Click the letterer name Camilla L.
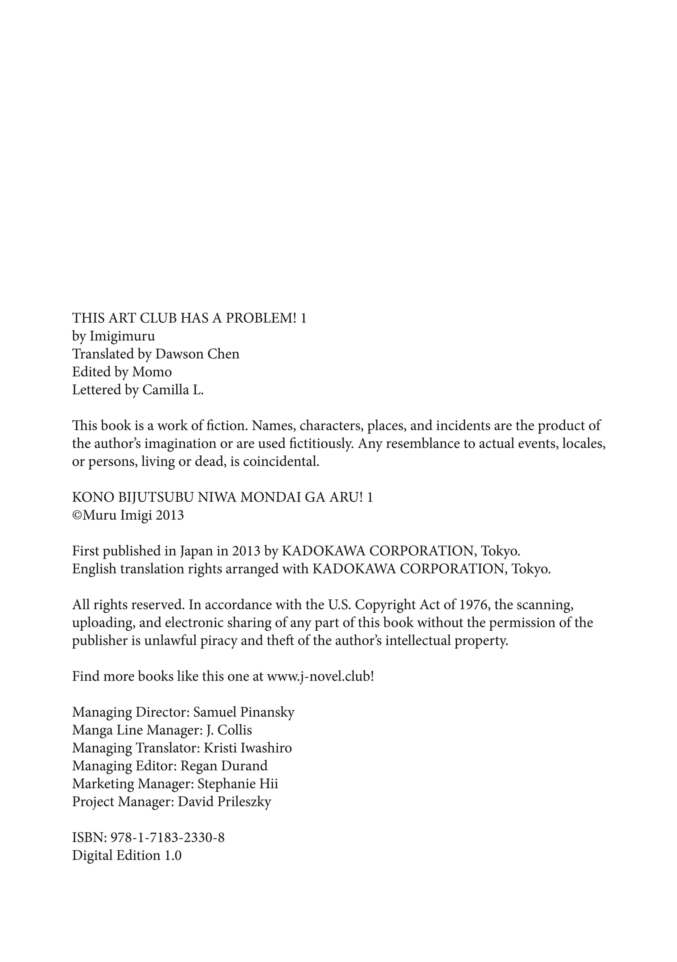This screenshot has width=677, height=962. pyautogui.click(x=173, y=390)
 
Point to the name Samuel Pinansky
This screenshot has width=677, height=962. pyautogui.click(x=244, y=712)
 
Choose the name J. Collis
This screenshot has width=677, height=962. pyautogui.click(x=229, y=730)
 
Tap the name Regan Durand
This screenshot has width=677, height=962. pyautogui.click(x=224, y=766)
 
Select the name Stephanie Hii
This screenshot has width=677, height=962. pyautogui.click(x=238, y=784)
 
